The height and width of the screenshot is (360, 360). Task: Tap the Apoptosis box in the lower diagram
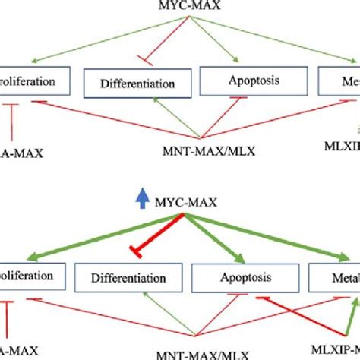pos(241,277)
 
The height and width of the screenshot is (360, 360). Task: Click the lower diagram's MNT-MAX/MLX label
pos(208,352)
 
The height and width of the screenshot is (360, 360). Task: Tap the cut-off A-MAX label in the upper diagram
pos(21,153)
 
